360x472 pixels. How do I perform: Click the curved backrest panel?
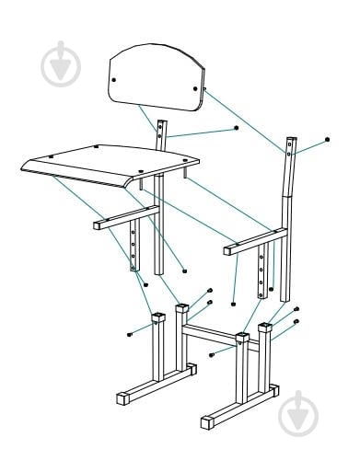coord(155,78)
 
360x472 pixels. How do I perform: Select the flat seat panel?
coord(110,163)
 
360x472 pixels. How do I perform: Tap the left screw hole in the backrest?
coord(114,80)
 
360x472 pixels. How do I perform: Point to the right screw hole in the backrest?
coord(195,89)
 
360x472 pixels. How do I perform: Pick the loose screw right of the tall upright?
coord(328,140)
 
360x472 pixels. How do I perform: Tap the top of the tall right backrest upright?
coord(291,144)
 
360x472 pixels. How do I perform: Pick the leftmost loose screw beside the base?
coord(130,333)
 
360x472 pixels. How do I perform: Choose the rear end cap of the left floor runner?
coord(191,369)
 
